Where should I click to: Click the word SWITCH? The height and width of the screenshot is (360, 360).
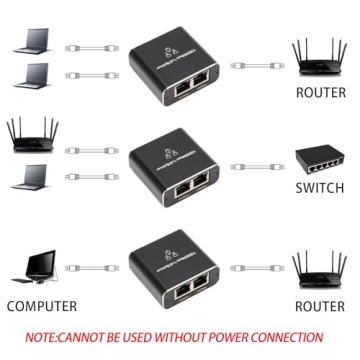[320, 188]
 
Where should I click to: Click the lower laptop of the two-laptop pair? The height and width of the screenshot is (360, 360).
[33, 75]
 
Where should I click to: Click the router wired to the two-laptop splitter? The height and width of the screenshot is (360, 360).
[320, 55]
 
